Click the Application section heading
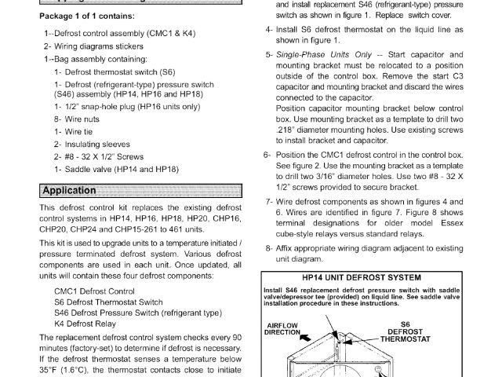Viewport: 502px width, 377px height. (x=69, y=191)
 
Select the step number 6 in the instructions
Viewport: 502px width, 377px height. (x=267, y=154)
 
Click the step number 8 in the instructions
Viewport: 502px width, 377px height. (x=267, y=248)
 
